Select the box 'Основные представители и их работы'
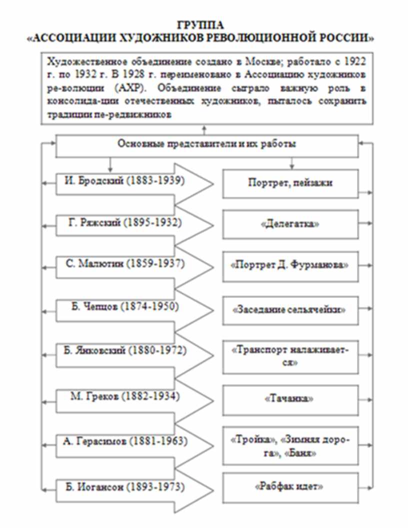[x=206, y=144]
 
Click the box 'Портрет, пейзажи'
[x=290, y=183]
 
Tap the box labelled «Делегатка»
[x=290, y=224]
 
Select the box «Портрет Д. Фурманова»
[x=290, y=265]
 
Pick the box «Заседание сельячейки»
[x=290, y=309]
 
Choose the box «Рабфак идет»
[x=290, y=486]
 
